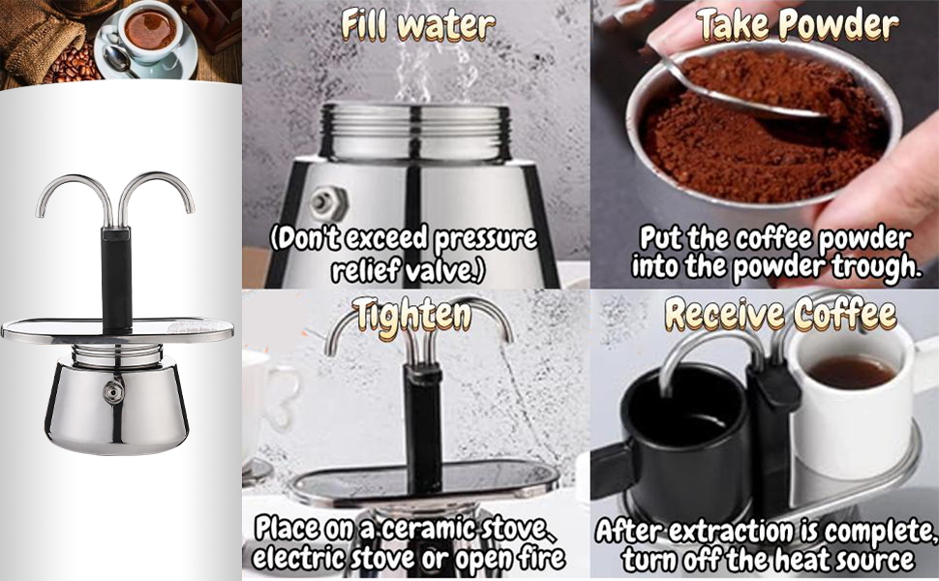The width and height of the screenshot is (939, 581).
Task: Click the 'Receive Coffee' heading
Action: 780,315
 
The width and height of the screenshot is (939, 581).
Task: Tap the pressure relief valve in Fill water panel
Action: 321,201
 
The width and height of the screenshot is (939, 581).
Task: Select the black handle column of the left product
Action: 117,276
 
